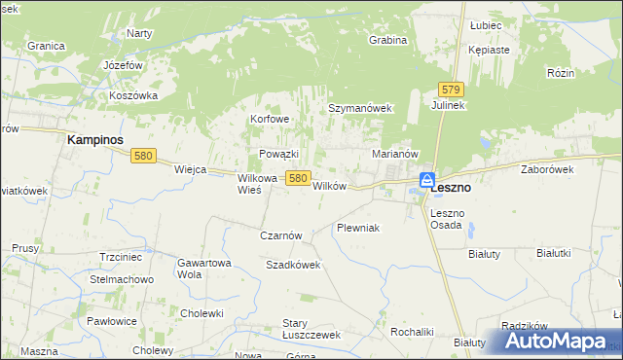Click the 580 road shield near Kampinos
click(x=143, y=156)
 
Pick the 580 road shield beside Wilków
click(x=298, y=178)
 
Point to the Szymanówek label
click(x=359, y=108)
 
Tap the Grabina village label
click(x=387, y=40)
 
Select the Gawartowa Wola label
click(x=203, y=269)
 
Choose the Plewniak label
click(x=357, y=228)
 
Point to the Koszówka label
click(x=133, y=95)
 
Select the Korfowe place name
click(x=271, y=120)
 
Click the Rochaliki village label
click(x=411, y=332)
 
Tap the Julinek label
click(x=451, y=105)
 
